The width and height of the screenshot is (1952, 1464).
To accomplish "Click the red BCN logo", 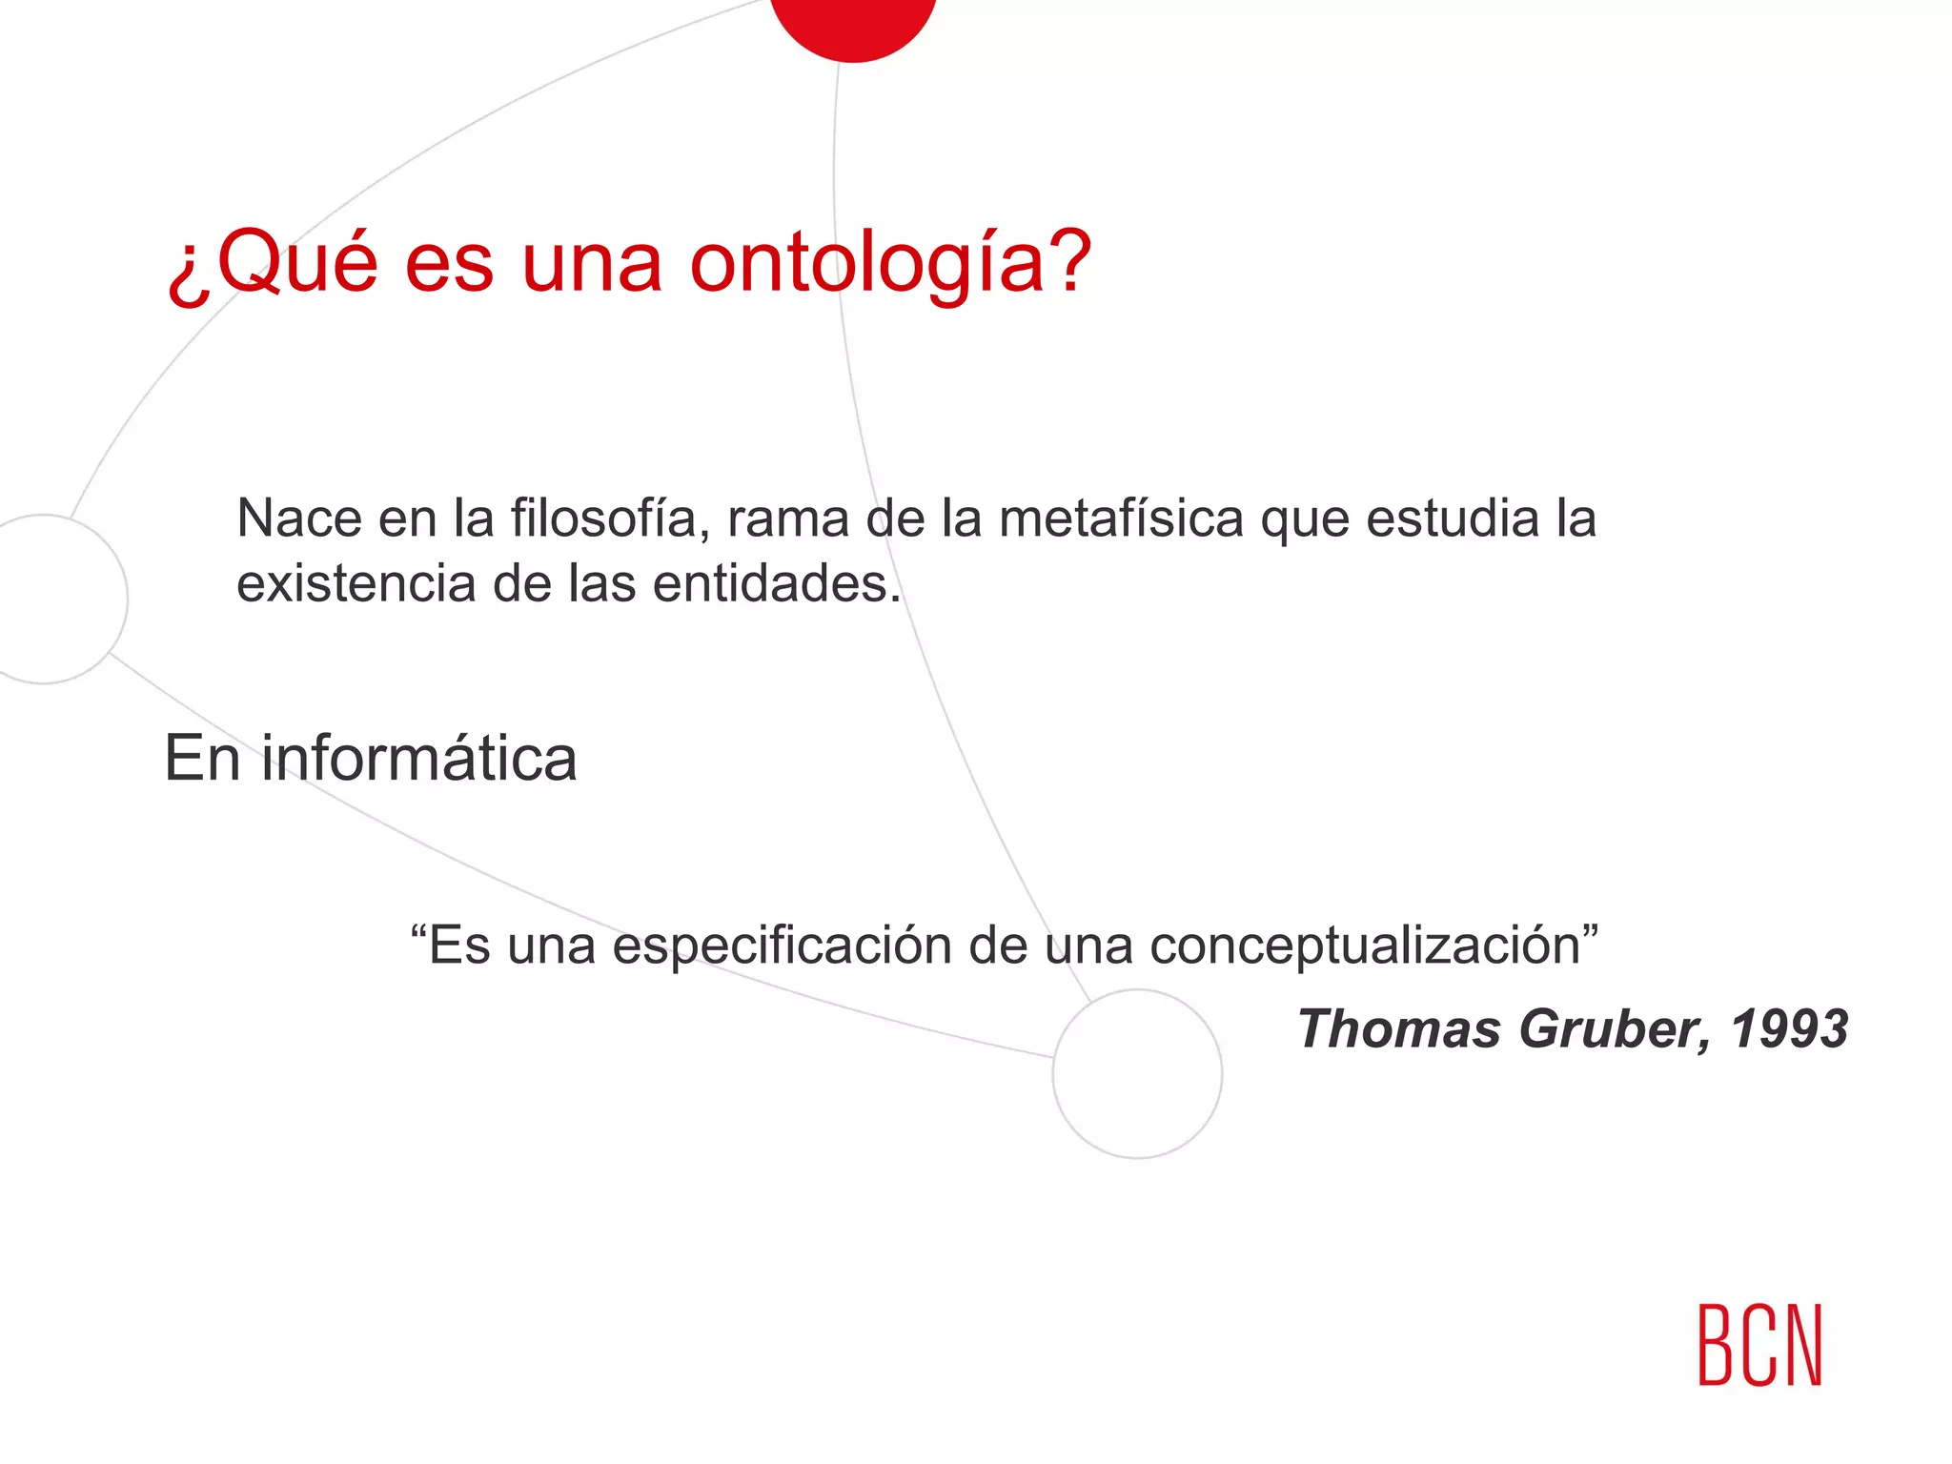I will coord(1759,1345).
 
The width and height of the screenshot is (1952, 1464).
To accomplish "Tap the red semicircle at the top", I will coord(853,24).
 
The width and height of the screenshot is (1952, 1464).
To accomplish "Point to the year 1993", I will coord(1789,1029).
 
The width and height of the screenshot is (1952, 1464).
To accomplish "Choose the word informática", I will coord(419,759).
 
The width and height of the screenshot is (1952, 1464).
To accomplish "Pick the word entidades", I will coord(776,583).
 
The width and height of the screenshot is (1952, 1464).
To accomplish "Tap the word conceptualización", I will coord(1372,946).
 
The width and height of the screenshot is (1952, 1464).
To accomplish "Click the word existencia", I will coord(356,583).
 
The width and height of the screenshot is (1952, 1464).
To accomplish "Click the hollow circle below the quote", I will coord(1137,1073).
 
